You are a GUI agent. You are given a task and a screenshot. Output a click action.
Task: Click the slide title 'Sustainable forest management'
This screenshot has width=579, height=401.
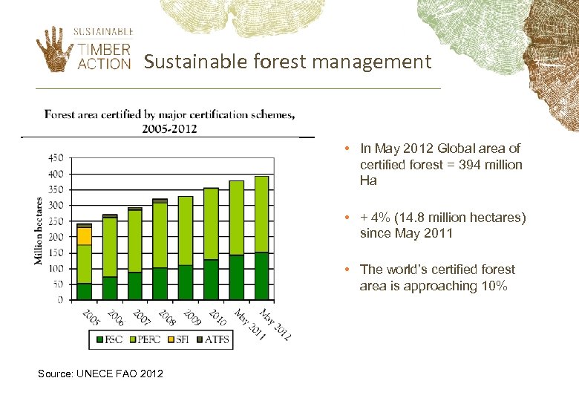[x=287, y=62]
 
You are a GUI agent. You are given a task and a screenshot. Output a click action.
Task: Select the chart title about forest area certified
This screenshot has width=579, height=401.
[x=169, y=121]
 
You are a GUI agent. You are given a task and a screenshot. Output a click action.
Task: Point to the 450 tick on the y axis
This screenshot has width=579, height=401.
[x=56, y=158]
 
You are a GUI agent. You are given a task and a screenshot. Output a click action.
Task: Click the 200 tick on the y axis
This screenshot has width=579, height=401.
[x=56, y=237]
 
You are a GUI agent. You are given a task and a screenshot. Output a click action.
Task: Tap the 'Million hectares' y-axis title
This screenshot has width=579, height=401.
[x=39, y=229]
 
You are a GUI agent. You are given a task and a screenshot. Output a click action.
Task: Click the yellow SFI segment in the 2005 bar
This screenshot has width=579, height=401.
[x=85, y=236]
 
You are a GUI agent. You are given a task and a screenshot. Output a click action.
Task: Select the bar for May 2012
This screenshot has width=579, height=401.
[x=261, y=238]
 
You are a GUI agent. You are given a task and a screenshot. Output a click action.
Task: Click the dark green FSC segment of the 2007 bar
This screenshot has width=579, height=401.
[x=135, y=286]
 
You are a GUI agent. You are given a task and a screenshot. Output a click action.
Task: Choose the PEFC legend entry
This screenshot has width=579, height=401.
[x=145, y=341]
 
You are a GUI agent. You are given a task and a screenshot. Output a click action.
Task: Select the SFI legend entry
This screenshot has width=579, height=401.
[x=181, y=341]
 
